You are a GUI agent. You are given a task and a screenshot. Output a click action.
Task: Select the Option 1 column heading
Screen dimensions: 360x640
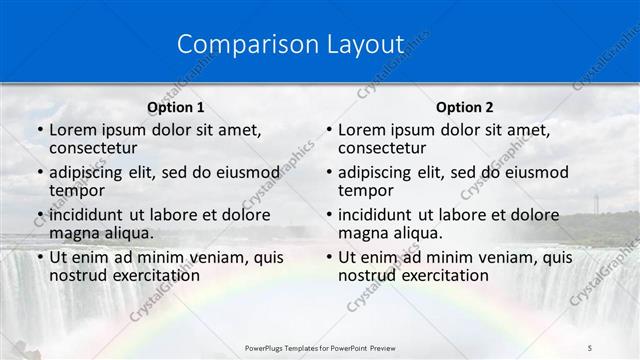(176, 107)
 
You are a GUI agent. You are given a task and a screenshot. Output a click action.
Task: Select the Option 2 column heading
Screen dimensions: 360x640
(464, 107)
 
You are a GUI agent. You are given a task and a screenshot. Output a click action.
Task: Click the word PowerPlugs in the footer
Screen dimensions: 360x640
(268, 347)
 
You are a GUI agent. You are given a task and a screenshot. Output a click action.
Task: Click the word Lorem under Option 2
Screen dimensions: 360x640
(363, 130)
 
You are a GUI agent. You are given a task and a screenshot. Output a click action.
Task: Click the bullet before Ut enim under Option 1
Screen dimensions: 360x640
(39, 257)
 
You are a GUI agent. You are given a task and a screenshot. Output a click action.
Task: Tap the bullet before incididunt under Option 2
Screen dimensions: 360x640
(328, 215)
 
